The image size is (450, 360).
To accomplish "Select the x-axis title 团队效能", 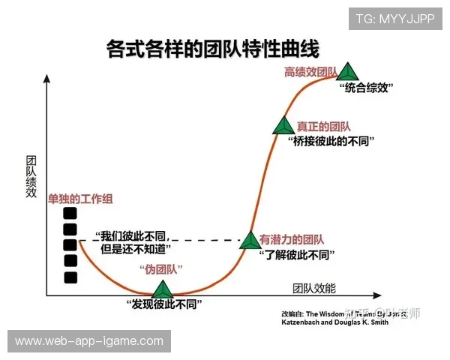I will tap(314, 288).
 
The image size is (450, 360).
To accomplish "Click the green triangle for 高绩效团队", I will tap(347, 72).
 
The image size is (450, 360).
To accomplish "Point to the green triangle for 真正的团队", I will tap(283, 127).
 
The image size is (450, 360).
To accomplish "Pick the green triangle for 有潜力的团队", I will tap(249, 240).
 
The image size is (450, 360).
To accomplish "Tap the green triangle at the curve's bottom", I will tap(162, 289).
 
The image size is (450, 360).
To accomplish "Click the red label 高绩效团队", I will tap(309, 73).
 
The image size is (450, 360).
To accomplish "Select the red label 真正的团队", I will tap(323, 127).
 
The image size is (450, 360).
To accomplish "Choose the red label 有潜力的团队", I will tap(292, 240).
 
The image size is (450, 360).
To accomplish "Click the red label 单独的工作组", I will tap(79, 199).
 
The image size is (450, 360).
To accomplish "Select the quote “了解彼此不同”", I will tap(295, 254).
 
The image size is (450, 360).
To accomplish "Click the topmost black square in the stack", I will tap(70, 212).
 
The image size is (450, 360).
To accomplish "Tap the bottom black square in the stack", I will tap(70, 277).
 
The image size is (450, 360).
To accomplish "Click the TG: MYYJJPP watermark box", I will tap(394, 19).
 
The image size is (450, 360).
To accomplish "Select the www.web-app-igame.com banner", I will tap(89, 341).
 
